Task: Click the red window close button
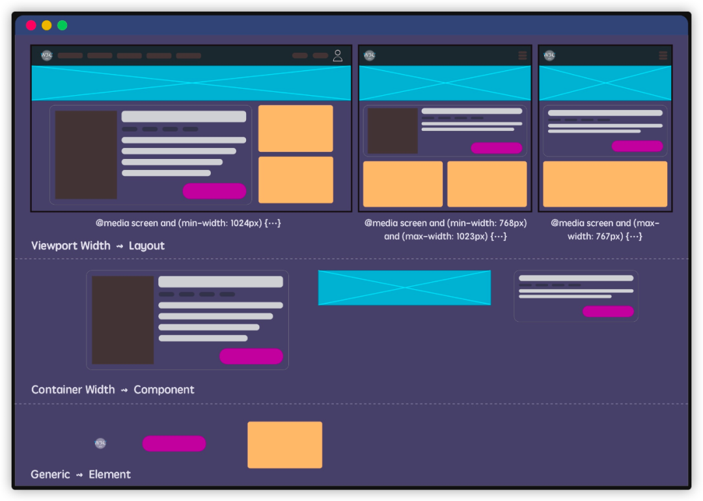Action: (x=31, y=25)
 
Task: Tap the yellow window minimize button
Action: (x=47, y=25)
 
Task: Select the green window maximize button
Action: (x=62, y=25)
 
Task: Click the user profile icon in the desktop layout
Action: (x=337, y=55)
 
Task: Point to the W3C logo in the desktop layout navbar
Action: (x=46, y=55)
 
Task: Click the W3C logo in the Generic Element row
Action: (x=100, y=444)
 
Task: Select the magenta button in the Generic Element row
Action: (x=174, y=444)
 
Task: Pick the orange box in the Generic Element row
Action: (x=284, y=445)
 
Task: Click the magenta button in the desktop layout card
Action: (x=214, y=191)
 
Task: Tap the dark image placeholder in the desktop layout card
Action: (x=86, y=154)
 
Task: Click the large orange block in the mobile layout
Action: (x=605, y=184)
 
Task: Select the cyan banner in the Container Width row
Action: (x=404, y=287)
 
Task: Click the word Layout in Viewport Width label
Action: (x=146, y=246)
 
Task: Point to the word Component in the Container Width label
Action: (x=164, y=390)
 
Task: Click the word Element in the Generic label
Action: (x=110, y=474)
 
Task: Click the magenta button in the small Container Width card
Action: (x=608, y=311)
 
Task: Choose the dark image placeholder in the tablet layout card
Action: (x=393, y=130)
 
